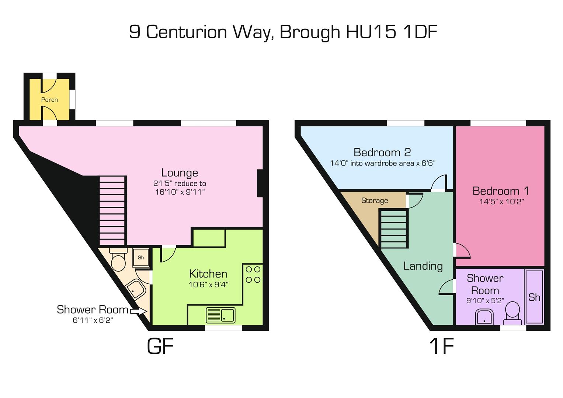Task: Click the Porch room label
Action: point(49,100)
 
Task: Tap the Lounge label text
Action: point(180,173)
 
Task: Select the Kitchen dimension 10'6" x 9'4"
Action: point(208,284)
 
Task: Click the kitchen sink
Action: point(220,315)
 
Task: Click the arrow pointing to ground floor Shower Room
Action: point(138,311)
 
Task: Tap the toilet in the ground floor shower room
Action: point(118,259)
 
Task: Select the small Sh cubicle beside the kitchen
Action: point(141,258)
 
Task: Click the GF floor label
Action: point(160,346)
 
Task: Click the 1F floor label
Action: point(442,346)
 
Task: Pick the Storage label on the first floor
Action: point(375,200)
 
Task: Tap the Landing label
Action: point(423,266)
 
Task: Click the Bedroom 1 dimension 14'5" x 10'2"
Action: point(501,202)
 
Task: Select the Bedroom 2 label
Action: point(382,152)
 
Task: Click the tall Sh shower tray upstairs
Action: point(534,297)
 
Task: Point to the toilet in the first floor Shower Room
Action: point(512,313)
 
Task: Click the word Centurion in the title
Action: point(187,32)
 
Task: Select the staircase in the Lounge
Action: point(112,210)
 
